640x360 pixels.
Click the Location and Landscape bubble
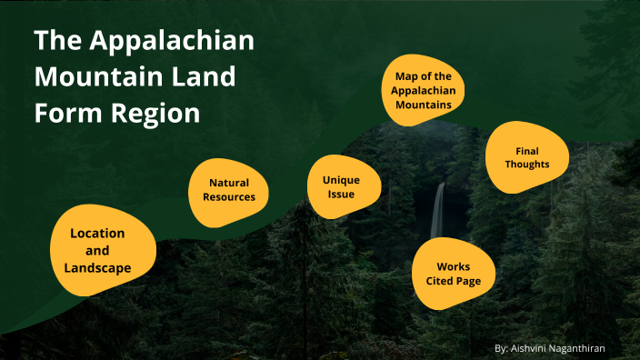click(98, 250)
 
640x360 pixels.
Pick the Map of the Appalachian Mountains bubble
click(423, 90)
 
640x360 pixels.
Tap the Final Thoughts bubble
click(527, 156)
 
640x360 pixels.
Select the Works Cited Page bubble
click(453, 274)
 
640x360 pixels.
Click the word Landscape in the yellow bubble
click(97, 267)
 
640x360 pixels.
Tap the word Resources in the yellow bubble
click(229, 196)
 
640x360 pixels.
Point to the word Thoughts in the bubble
click(527, 164)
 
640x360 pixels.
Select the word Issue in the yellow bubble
click(341, 194)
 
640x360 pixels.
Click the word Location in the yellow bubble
click(97, 234)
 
